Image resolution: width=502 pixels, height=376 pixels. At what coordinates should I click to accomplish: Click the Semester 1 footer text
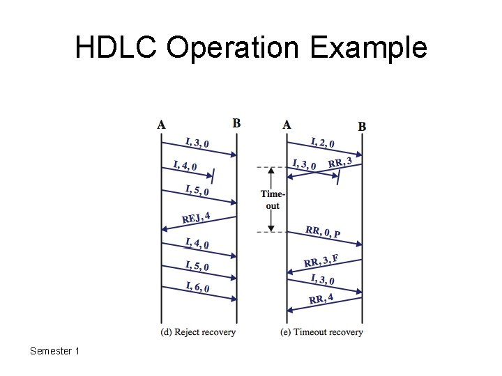click(x=55, y=351)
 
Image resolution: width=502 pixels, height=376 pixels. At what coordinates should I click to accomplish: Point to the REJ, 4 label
click(x=197, y=218)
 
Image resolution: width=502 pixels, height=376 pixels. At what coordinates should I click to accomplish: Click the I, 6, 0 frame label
click(x=198, y=286)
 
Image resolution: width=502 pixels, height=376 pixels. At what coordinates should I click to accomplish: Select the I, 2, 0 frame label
click(x=322, y=143)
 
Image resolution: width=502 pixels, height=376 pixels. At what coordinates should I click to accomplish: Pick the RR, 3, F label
click(x=321, y=261)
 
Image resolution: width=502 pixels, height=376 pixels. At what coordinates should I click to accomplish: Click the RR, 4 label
click(x=321, y=299)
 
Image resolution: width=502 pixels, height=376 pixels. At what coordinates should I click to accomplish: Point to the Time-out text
click(x=273, y=200)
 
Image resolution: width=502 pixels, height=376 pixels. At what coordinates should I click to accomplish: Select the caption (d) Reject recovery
click(x=198, y=332)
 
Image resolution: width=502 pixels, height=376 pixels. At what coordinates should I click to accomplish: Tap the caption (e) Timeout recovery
click(x=321, y=332)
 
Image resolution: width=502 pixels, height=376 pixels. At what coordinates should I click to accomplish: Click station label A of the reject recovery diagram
click(x=162, y=125)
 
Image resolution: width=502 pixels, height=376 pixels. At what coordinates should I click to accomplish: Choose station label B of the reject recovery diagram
click(x=236, y=123)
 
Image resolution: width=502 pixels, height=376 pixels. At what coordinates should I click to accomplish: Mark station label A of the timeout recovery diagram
click(x=287, y=125)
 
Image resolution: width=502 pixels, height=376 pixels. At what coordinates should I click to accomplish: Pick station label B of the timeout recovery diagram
click(x=362, y=127)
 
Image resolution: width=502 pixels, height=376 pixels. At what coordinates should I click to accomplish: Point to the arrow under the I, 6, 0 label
click(x=199, y=295)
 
